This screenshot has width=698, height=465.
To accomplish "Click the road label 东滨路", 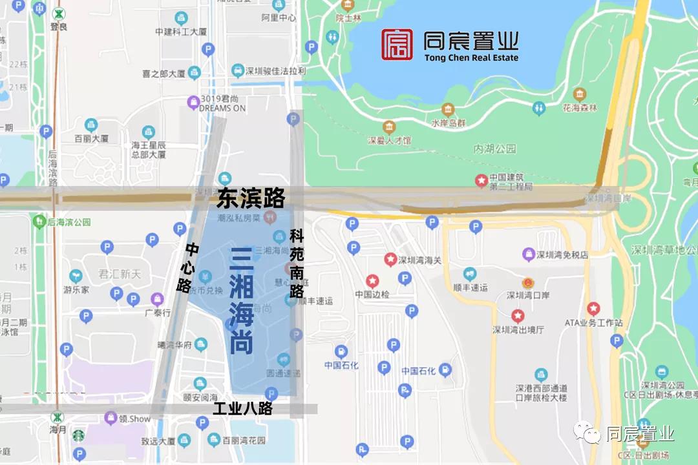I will pyautogui.click(x=251, y=197).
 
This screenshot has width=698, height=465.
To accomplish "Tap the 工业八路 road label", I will pyautogui.click(x=243, y=409).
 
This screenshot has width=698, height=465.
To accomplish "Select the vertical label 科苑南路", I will pyautogui.click(x=297, y=263).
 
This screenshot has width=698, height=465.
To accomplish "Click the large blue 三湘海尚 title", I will pyautogui.click(x=241, y=301).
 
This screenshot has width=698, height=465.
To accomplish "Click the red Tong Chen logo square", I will pyautogui.click(x=397, y=45).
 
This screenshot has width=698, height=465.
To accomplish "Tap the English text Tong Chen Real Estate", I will pyautogui.click(x=471, y=58).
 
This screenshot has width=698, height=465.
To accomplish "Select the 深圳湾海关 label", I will pyautogui.click(x=420, y=260).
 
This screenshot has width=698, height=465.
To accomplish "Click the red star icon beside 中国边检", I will pyautogui.click(x=372, y=282).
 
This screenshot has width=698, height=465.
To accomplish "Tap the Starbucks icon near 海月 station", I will pyautogui.click(x=78, y=436).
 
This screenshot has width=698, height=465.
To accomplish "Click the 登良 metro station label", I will pyautogui.click(x=58, y=28).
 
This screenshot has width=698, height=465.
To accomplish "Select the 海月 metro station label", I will pyautogui.click(x=58, y=429).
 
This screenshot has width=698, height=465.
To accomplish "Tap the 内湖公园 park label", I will pyautogui.click(x=495, y=149).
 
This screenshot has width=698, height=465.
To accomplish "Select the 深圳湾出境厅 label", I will pyautogui.click(x=518, y=329).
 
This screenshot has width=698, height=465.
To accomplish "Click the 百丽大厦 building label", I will pyautogui.click(x=91, y=138).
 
